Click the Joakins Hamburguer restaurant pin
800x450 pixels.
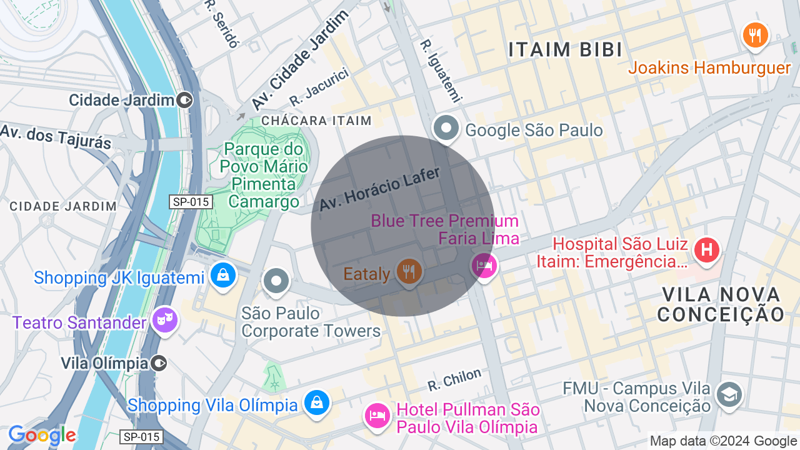coord(755,34)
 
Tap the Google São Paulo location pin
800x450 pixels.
coord(446,129)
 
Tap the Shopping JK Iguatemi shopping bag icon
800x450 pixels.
coord(222,274)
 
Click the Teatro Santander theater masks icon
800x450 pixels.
coord(165,320)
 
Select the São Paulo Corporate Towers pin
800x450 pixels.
coord(276,281)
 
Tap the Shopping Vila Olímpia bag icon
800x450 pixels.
coord(317,402)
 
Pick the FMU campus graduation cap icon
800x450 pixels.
coord(729,394)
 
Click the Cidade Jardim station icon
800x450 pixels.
coord(184,99)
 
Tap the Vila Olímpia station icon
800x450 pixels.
coord(159,362)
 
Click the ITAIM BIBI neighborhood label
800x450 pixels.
coord(565,50)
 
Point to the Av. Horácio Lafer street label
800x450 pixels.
coord(380,189)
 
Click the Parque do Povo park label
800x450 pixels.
coord(263,176)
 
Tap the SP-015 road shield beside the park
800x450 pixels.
coord(191,202)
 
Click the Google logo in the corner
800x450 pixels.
coord(42,435)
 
